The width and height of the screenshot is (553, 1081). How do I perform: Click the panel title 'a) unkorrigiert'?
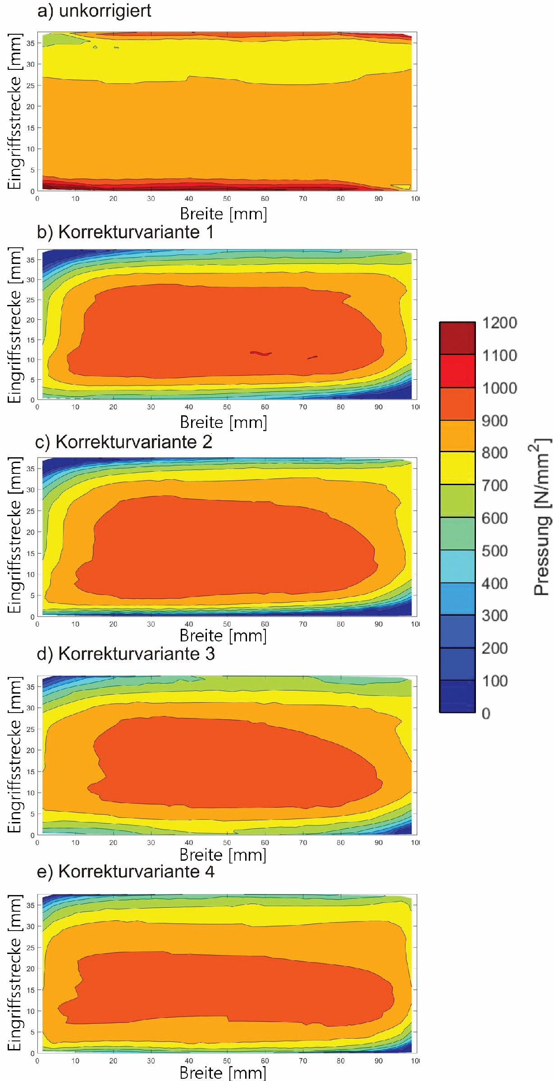point(94,11)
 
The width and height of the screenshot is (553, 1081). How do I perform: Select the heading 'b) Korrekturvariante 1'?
point(125,232)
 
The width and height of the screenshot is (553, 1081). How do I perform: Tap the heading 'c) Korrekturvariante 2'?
point(123,442)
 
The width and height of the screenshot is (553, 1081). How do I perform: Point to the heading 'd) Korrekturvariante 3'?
point(125,654)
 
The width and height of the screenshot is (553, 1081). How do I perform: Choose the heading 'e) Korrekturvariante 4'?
point(125,872)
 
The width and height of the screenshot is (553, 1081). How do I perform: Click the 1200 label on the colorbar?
point(499,323)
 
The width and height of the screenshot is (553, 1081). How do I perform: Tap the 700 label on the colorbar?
point(494,486)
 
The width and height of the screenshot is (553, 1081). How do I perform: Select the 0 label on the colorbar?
point(486,713)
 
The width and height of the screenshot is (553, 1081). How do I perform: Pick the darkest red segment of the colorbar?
point(457,338)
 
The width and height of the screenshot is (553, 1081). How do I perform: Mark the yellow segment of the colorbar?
point(457,468)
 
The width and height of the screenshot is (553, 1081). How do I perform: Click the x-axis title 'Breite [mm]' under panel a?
point(224,213)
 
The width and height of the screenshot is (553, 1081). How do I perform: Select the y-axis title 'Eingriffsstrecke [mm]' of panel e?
point(14,973)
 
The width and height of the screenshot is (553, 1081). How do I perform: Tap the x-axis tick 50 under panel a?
point(227,199)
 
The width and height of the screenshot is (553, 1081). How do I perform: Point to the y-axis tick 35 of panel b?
point(31,260)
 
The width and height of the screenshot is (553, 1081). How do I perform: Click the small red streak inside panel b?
point(261,353)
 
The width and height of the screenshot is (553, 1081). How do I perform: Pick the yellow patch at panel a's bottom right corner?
point(401,187)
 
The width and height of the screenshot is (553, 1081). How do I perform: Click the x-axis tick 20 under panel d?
point(113,842)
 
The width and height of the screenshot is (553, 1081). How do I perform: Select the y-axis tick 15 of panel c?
point(31,553)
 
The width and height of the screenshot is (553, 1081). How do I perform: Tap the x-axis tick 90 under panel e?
point(379,1061)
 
